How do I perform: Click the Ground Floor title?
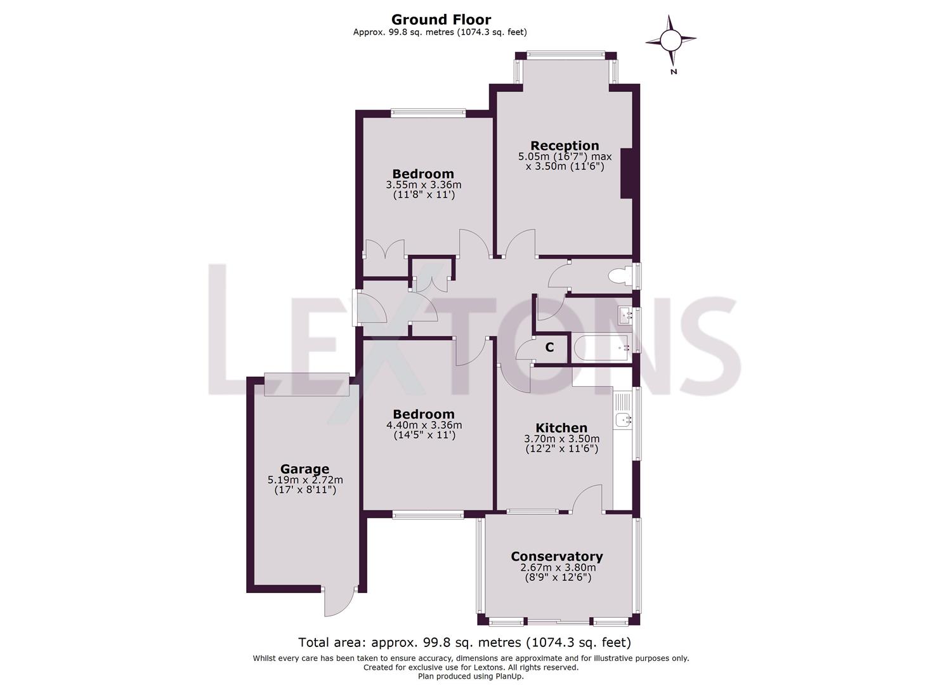coord(440,20)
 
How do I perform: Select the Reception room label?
coord(564,146)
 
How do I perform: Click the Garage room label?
coord(305,469)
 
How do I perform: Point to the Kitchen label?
coord(561,428)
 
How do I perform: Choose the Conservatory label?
coord(556,556)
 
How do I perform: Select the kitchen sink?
coord(623,419)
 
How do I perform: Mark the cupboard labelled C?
coord(549,348)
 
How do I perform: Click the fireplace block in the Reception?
coord(626,174)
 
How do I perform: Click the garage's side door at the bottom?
coord(339,603)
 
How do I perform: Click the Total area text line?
coord(464,642)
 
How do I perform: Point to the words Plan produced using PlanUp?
coord(471,676)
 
